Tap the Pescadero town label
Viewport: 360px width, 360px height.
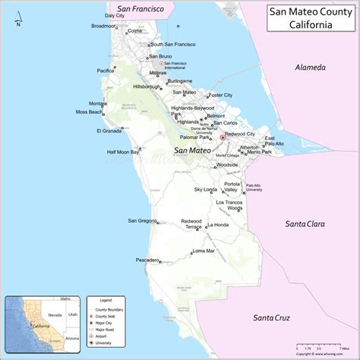coord(147,260)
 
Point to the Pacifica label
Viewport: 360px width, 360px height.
coord(109,70)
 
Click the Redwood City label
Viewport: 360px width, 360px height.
coord(240,134)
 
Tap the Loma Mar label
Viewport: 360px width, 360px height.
coord(204,251)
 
